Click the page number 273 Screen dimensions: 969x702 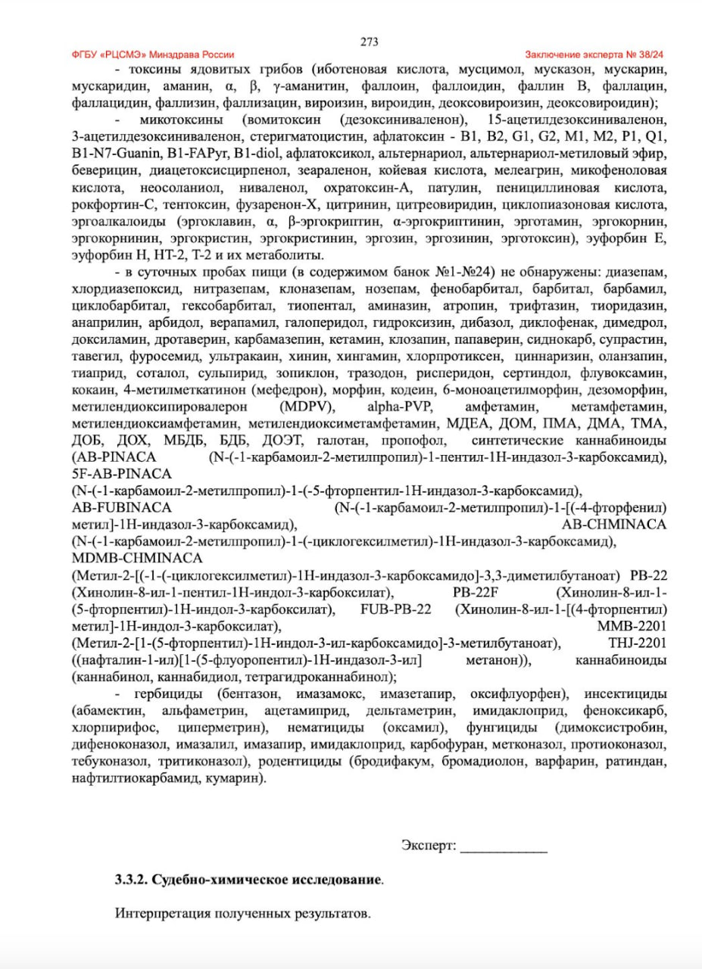pyautogui.click(x=370, y=42)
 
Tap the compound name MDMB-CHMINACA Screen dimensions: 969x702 pyautogui.click(x=136, y=558)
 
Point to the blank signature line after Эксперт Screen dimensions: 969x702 pyautogui.click(x=504, y=846)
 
